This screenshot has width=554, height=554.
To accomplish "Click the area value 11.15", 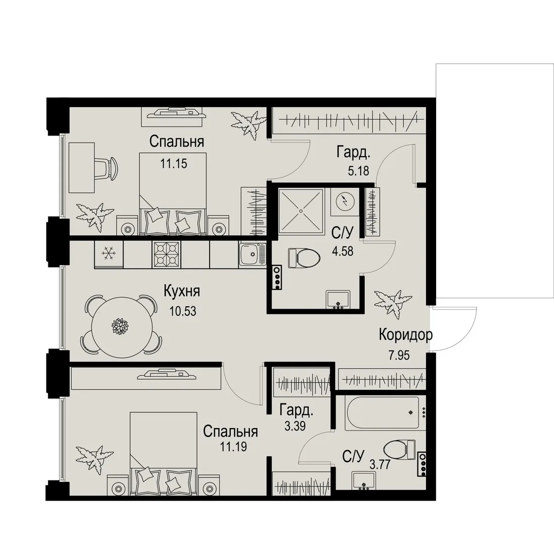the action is (173, 164).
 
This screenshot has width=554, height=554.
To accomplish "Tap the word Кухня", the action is (182, 292).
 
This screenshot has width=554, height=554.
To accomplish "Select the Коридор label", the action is (405, 334).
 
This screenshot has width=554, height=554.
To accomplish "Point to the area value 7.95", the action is (399, 355).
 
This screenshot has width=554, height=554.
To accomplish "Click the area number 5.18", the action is (358, 171).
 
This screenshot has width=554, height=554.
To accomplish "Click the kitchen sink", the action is (252, 254).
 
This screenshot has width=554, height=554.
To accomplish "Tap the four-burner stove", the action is (166, 254).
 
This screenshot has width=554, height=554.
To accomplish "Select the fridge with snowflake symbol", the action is (108, 254).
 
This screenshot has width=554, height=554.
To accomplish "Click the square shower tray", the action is (301, 211).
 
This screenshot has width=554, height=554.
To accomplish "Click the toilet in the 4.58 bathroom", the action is (304, 258).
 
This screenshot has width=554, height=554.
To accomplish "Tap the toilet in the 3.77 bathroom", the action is (399, 449).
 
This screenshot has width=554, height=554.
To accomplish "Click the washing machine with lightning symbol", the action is (344, 202).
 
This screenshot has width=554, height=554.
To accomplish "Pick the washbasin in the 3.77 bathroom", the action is (364, 481).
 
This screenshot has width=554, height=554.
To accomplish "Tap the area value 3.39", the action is (295, 426).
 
